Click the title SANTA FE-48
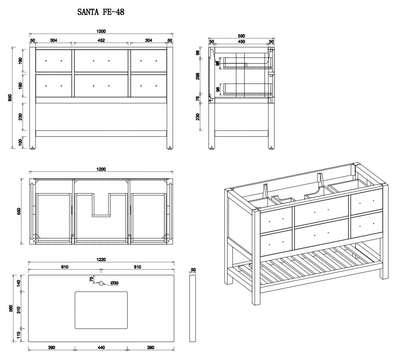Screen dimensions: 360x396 tap(100, 12)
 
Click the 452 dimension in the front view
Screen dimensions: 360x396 tap(101, 40)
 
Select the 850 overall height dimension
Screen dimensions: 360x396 tap(10, 97)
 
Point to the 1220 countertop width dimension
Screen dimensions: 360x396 tap(101, 259)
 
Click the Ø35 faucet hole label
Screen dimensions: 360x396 tap(114, 283)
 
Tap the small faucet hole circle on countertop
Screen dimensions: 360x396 tap(101, 283)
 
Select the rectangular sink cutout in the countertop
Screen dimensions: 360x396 tap(101, 310)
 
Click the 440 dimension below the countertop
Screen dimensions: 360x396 tap(101, 348)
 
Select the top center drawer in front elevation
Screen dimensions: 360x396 tap(101, 61)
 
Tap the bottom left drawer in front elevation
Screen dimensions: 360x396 tap(54, 86)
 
